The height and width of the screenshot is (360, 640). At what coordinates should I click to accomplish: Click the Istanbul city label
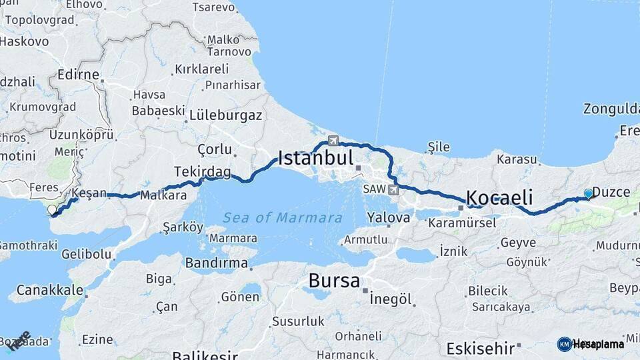click(x=315, y=158)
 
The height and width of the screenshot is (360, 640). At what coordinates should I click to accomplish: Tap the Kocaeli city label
click(x=500, y=197)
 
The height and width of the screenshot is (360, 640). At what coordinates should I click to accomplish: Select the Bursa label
click(x=334, y=281)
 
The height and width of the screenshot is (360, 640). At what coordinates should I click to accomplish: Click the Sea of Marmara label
click(x=283, y=217)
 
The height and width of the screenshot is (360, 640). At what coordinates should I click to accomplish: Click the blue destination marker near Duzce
click(x=588, y=193)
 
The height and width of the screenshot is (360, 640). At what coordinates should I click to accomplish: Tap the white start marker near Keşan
click(x=52, y=210)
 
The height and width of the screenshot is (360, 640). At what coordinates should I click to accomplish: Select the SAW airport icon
click(x=393, y=190)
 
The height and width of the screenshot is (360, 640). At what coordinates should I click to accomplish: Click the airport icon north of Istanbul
click(x=333, y=141)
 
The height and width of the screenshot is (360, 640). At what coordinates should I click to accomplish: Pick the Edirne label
click(x=78, y=74)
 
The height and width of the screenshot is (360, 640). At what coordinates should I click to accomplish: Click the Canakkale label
click(x=50, y=290)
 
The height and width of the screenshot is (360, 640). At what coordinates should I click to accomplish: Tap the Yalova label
click(x=389, y=217)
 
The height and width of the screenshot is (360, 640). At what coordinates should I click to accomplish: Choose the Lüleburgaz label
click(x=225, y=115)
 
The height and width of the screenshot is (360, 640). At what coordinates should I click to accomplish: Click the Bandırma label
click(x=217, y=263)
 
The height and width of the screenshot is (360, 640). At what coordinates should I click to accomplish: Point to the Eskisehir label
click(x=480, y=348)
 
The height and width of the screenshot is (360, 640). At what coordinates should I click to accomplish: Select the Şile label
click(x=438, y=147)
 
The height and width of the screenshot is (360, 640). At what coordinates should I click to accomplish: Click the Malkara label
click(x=163, y=195)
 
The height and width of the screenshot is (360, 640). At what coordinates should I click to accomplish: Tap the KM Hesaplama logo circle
click(x=565, y=344)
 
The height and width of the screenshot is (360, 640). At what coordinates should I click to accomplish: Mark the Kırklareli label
click(x=201, y=69)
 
